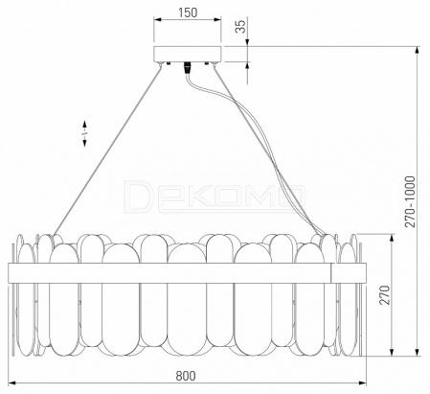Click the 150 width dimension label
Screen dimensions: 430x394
point(188,12)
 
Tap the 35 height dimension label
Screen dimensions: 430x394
point(241,27)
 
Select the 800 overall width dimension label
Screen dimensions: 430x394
point(186,376)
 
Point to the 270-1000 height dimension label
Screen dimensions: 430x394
point(411,201)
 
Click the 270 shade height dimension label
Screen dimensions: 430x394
point(385,295)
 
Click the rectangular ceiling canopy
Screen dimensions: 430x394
point(188,54)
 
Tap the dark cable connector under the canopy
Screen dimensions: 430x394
point(188,68)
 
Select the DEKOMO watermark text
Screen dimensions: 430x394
point(215,196)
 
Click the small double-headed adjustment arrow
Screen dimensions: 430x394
point(84,133)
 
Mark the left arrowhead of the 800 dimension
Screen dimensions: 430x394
point(11,382)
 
